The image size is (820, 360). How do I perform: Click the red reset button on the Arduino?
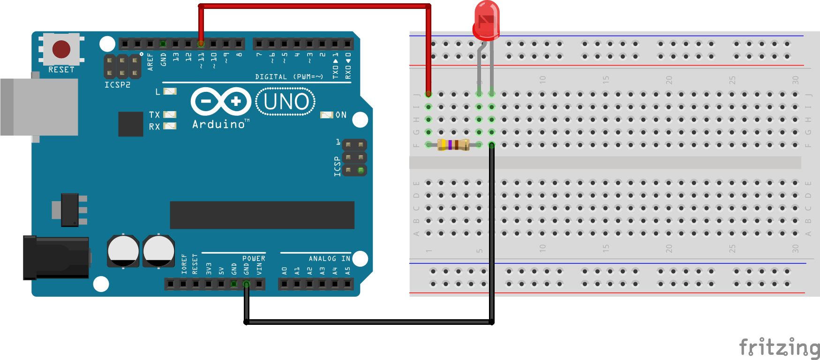(x=61, y=49)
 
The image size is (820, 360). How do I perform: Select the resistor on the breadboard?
(x=453, y=145)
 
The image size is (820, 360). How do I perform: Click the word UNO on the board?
(x=286, y=102)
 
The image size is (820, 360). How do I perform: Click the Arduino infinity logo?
(x=221, y=101)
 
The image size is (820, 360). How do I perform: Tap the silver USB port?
(x=39, y=107)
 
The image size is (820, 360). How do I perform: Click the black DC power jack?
(x=56, y=258)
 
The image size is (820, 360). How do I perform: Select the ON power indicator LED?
(x=327, y=115)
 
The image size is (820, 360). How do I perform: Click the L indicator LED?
(x=170, y=91)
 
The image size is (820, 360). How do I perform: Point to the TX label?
(x=154, y=115)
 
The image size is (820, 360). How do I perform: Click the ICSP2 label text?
(x=117, y=85)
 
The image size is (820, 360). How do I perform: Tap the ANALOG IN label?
(x=329, y=258)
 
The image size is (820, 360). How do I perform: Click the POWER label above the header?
(x=254, y=258)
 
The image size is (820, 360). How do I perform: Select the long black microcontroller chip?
(x=262, y=215)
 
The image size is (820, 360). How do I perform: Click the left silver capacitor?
(x=123, y=251)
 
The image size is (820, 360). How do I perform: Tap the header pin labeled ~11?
(x=201, y=44)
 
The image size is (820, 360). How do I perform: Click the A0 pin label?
(x=284, y=271)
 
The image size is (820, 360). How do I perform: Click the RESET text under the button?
(x=61, y=70)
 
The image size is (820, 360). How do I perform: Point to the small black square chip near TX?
(x=130, y=124)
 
